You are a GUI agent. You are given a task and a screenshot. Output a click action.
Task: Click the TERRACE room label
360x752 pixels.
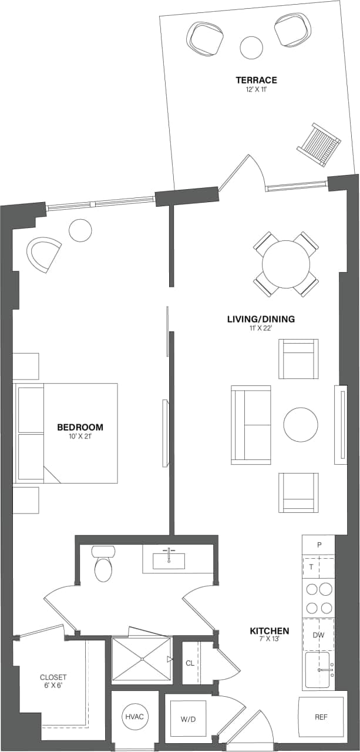click(256, 80)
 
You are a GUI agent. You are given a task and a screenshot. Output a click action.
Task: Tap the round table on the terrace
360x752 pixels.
click(251, 47)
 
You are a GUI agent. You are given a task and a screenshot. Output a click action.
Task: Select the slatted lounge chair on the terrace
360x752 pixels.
click(319, 145)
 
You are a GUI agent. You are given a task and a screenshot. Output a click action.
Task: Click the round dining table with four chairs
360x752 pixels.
click(286, 264)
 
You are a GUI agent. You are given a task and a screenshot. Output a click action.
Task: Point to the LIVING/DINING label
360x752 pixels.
click(261, 320)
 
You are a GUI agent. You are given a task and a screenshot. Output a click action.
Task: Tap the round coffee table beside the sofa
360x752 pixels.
click(301, 424)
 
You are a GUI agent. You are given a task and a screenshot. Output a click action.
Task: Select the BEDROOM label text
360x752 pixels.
click(80, 427)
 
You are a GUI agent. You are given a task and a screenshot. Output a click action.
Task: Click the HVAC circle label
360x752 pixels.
click(134, 717)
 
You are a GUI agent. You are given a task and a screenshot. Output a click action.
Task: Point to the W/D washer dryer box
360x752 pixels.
click(187, 718)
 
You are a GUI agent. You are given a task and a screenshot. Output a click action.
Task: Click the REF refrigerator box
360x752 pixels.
click(321, 717)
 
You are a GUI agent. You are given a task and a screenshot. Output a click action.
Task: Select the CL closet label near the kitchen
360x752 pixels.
click(190, 663)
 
